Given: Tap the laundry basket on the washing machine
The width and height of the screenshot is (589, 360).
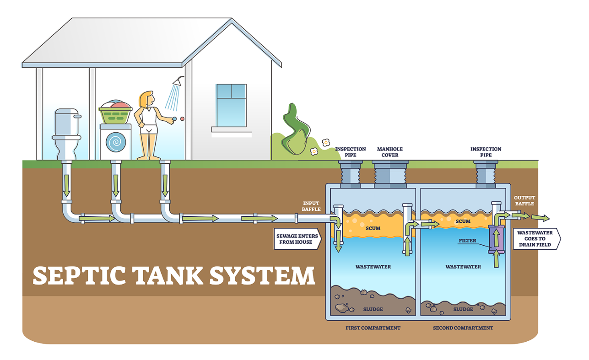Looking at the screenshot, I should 115,113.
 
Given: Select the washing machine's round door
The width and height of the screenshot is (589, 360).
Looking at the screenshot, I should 115,142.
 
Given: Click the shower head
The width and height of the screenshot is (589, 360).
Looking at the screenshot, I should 178,82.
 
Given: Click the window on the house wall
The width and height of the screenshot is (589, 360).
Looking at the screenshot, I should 231,105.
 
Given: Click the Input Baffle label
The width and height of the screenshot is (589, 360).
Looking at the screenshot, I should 311,206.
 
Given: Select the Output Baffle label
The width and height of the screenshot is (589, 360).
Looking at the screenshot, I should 524,201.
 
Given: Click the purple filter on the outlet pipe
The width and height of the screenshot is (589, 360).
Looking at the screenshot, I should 496,239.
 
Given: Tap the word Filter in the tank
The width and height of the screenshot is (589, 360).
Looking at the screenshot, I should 467,241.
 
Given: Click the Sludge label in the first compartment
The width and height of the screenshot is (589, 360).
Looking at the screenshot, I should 373,309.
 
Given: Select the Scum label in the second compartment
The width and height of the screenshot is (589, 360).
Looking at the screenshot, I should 463,221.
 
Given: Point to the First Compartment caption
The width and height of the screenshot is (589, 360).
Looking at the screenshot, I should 373,328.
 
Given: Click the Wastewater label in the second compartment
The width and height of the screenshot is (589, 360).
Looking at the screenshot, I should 463,267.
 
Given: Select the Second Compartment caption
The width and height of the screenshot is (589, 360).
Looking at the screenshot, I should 463,328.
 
